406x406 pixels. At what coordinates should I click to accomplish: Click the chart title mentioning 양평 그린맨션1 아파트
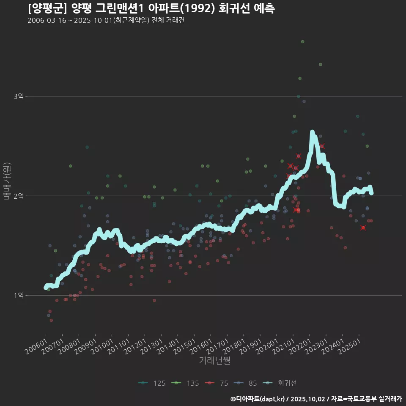point(151,8)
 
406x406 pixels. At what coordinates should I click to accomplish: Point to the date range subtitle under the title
point(106,20)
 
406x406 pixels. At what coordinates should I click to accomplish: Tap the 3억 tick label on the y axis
point(18,96)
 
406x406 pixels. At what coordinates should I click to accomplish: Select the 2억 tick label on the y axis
point(18,196)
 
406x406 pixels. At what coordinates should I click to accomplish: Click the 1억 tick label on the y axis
point(18,295)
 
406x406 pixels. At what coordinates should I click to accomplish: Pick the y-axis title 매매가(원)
point(7,181)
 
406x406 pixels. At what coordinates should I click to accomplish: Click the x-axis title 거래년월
point(214,361)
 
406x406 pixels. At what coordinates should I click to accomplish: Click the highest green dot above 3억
point(302,41)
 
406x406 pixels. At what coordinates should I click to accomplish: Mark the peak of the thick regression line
point(312,132)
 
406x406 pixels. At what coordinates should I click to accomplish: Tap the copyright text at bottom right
point(316,399)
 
